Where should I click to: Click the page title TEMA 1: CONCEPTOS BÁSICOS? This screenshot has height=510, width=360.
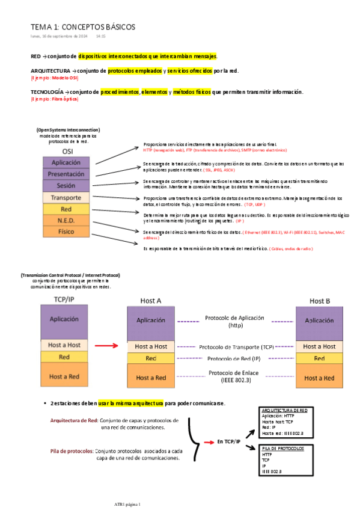tap(83, 27)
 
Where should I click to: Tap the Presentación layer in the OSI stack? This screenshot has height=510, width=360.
tap(66, 174)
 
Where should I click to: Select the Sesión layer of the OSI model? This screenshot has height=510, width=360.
tap(66, 186)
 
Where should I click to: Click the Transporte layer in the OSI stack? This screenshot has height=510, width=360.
tap(66, 197)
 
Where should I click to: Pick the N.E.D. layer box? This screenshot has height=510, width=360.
tap(66, 220)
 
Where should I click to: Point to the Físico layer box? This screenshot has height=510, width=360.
tap(66, 232)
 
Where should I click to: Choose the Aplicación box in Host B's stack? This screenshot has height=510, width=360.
tap(319, 321)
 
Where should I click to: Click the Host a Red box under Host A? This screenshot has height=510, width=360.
tap(151, 377)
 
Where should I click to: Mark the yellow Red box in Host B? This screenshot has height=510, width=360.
tap(319, 358)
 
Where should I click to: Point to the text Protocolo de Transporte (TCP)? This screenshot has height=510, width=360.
tap(236, 347)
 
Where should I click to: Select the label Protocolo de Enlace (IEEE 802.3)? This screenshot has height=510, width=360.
tap(234, 376)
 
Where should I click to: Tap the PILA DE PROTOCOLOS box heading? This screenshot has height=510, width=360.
tap(283, 449)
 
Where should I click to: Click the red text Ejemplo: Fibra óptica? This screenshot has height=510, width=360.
tap(55, 99)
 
